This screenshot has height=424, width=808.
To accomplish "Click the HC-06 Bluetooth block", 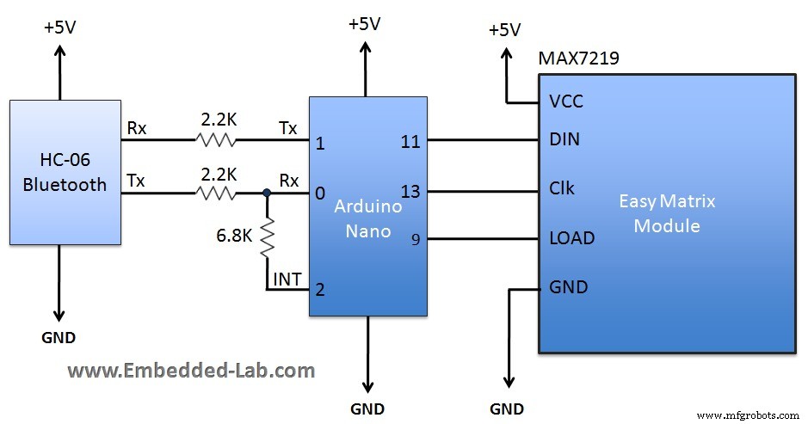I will pos(65,173).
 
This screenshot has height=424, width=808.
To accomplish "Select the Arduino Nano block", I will pos(368,206).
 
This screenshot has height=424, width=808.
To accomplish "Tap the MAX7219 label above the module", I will pos(579,58).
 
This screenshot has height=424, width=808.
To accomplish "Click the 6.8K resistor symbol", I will pos(267,237).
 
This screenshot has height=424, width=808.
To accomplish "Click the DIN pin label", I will pos(564,139).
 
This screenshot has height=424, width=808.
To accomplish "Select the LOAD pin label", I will pos(571,237).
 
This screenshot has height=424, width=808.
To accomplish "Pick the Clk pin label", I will pos(562,188).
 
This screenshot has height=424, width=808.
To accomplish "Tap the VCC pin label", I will pos(565,101).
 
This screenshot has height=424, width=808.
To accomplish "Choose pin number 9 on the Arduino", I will pos(416,240).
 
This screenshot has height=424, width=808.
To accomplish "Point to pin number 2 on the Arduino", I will pos(320,290).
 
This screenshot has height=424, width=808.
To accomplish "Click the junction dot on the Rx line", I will pos(267,194).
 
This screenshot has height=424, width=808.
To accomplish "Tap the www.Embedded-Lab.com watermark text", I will pos(191,371).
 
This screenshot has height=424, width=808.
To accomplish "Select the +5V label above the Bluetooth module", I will pos(59,27).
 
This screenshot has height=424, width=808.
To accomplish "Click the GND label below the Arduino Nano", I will pos(367,409).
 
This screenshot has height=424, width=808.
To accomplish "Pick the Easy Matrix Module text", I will pos(667,213).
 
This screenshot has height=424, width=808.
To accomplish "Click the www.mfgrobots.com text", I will pos(749,415).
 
